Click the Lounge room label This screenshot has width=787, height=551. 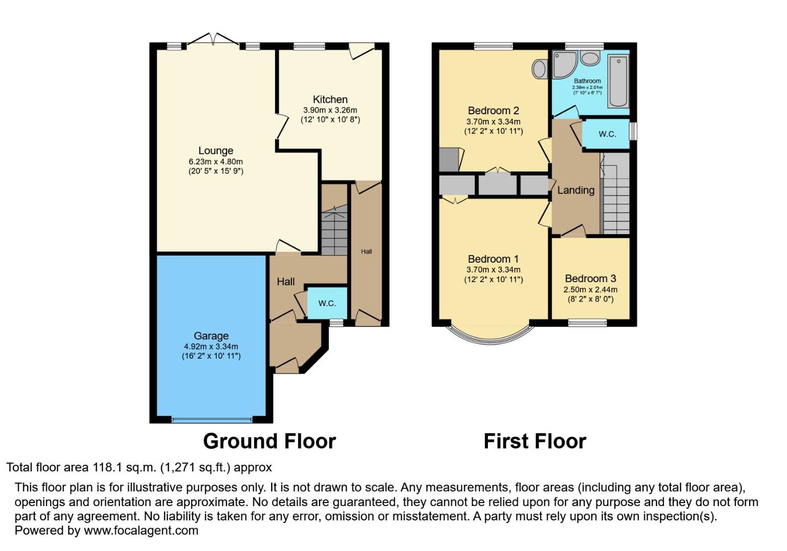(215, 151)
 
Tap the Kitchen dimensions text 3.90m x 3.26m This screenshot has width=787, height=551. (330, 110)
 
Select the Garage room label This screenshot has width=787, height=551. (211, 336)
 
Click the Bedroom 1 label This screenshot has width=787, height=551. (493, 259)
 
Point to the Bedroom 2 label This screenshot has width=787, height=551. (493, 110)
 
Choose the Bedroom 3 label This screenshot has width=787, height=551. (590, 279)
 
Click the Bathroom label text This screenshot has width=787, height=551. (587, 81)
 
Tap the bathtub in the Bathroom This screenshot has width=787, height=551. (618, 82)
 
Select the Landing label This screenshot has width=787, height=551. (575, 190)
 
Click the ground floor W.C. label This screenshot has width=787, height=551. (327, 303)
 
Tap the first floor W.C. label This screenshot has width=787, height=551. (607, 134)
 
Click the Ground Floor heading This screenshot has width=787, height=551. (269, 441)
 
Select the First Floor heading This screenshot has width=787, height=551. (534, 441)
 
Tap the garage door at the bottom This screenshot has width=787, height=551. (211, 420)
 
